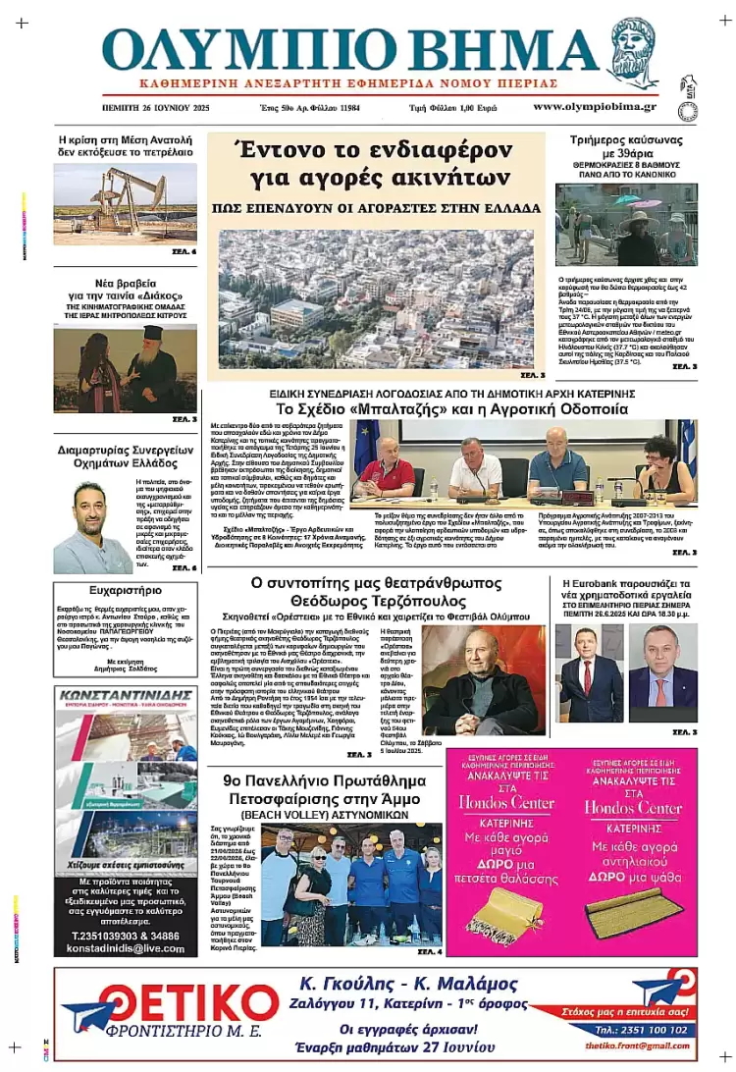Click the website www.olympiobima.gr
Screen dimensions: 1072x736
[x=595, y=106]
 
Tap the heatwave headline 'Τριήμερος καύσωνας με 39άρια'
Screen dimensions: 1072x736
[x=626, y=147]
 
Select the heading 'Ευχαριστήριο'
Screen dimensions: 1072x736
[x=125, y=591]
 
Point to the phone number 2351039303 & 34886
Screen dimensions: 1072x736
[x=125, y=936]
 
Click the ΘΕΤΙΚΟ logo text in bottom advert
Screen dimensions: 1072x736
[x=175, y=1003]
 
